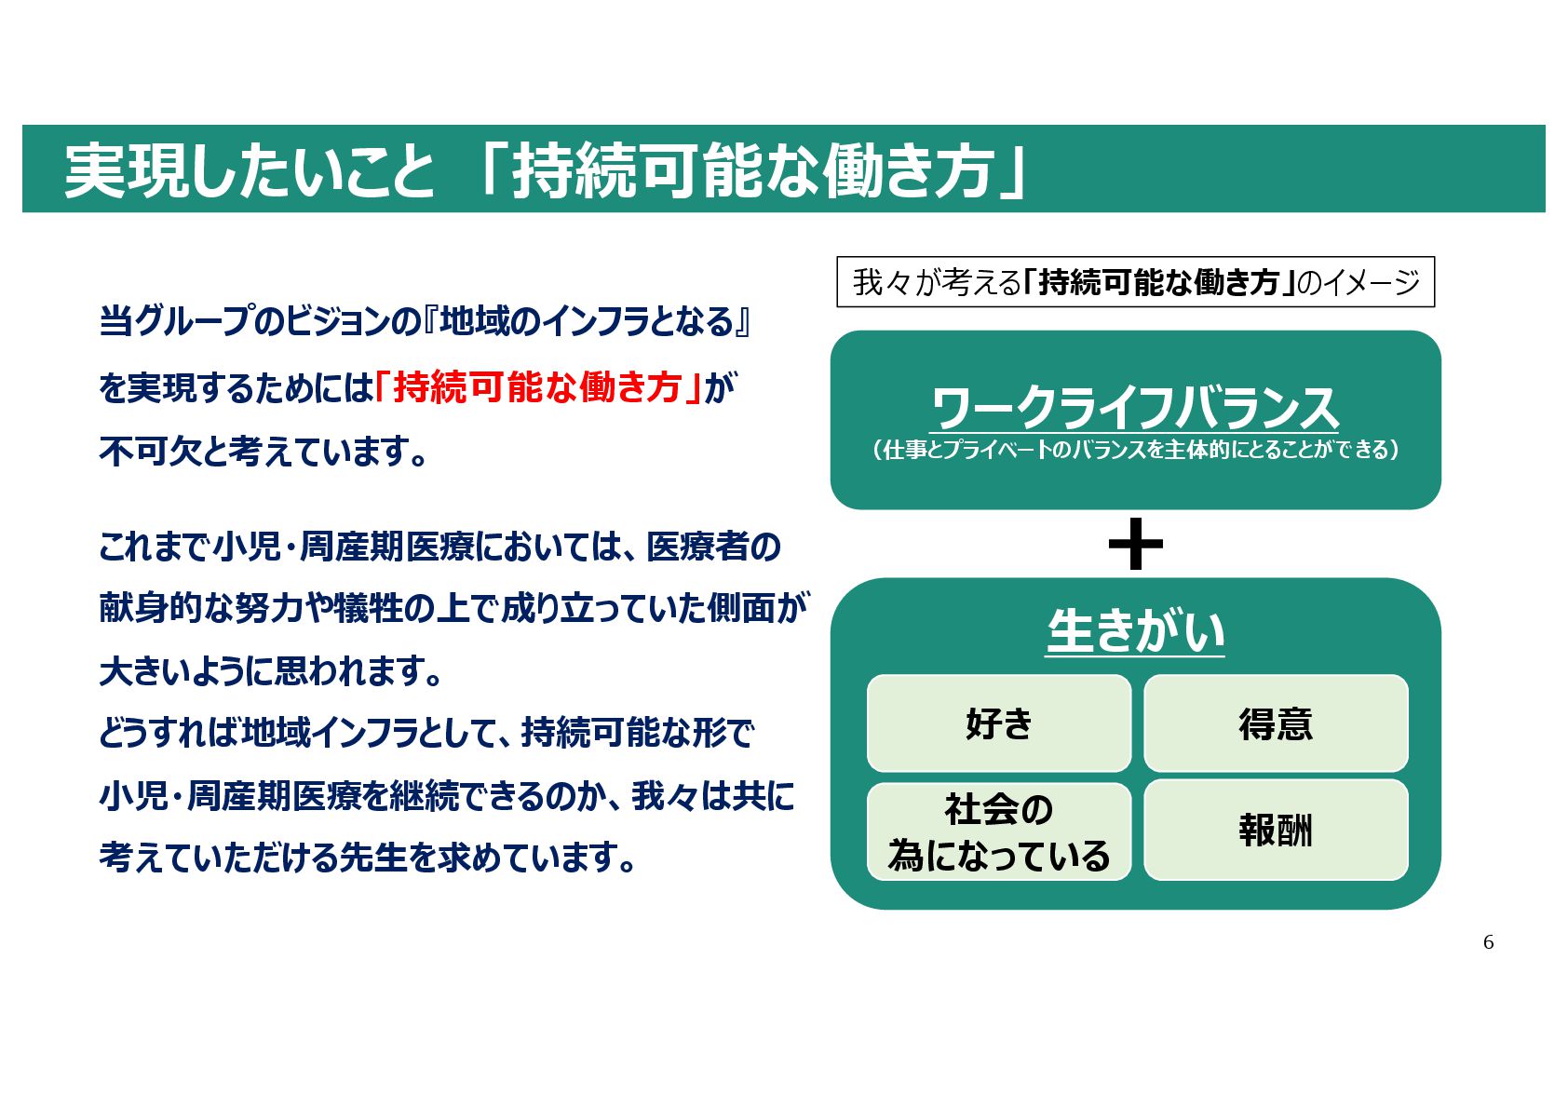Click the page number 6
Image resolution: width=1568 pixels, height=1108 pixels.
[x=1488, y=942]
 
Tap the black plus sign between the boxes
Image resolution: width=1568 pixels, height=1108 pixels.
[x=1135, y=545]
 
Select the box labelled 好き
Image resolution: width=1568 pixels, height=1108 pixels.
[x=998, y=723]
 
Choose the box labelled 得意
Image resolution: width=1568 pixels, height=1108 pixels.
[x=1275, y=723]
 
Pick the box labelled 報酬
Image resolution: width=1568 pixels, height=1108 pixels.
[x=1275, y=830]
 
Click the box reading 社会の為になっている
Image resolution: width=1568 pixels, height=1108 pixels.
[x=998, y=831]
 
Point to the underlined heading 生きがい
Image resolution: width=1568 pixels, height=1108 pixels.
[x=1135, y=632]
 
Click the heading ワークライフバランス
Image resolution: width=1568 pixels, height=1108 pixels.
[x=1135, y=408]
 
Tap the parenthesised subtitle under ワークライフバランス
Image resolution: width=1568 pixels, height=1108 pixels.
[x=1135, y=450]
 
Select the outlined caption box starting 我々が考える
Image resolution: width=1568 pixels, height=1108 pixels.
[x=1135, y=281]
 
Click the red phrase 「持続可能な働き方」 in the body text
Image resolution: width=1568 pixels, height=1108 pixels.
[x=538, y=386]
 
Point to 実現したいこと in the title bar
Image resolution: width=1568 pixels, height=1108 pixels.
[x=250, y=170]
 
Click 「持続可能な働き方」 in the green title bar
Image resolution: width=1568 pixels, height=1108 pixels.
[x=752, y=170]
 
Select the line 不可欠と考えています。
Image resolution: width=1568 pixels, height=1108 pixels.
[x=264, y=452]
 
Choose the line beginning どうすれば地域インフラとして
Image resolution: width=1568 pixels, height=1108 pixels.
[x=426, y=733]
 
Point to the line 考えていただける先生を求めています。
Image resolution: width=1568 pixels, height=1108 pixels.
[x=369, y=858]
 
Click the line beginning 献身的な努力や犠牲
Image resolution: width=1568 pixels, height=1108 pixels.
[x=453, y=608]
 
